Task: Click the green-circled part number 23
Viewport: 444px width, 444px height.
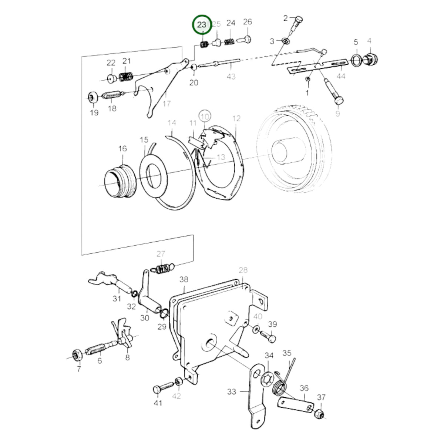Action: point(202,25)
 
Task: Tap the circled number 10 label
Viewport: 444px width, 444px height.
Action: point(205,117)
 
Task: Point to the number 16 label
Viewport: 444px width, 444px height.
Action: point(122,149)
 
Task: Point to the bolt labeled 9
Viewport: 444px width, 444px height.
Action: point(334,92)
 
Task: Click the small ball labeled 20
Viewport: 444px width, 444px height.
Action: point(194,67)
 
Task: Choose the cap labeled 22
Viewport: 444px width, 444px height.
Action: point(112,79)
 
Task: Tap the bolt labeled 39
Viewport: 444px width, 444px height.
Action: point(268,337)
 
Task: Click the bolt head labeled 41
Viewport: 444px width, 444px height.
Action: point(157,390)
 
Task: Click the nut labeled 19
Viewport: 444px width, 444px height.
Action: point(93,98)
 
